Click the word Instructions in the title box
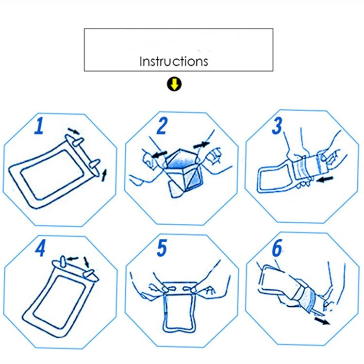[x=174, y=62]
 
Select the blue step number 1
[x=39, y=126]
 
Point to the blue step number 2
[x=162, y=126]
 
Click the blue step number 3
[x=277, y=126]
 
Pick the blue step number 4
[x=40, y=248]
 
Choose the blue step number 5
[x=162, y=248]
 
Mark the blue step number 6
[x=277, y=248]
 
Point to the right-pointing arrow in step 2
[x=200, y=144]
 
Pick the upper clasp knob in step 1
[x=77, y=141]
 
